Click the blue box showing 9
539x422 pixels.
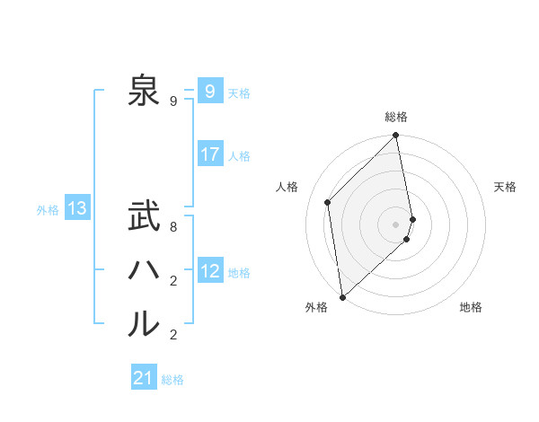209,91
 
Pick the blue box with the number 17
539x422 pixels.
209,154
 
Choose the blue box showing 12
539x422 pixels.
209,270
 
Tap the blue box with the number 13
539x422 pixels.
77,208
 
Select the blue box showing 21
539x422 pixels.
144,378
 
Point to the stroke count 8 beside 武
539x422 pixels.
173,227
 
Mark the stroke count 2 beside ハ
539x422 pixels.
173,281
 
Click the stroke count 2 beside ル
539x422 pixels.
173,335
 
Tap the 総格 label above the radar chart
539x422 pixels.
396,117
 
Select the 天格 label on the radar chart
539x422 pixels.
506,187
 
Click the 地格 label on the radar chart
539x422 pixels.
471,308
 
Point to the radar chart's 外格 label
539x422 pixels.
316,308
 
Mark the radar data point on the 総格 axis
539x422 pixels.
396,136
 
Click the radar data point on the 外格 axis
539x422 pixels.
342,297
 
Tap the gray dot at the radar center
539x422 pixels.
396,224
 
